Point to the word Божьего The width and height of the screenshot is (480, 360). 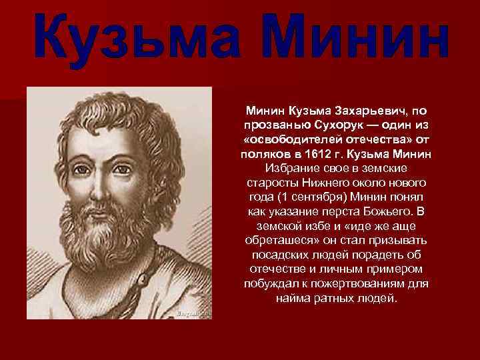tap(389, 213)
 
